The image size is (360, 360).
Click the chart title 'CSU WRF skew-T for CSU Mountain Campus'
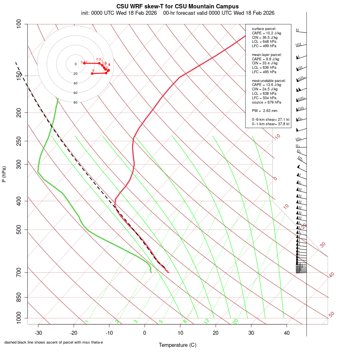[x=177, y=6]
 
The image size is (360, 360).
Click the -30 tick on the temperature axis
[x=38, y=333]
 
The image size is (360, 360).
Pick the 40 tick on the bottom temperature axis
[x=286, y=333]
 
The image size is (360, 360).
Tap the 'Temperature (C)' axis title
[x=177, y=345]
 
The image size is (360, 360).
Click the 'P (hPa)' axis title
[x=4, y=174]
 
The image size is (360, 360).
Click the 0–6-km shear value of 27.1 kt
[x=270, y=120]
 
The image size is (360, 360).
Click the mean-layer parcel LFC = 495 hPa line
[x=264, y=72]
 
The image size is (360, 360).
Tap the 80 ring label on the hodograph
[x=75, y=102]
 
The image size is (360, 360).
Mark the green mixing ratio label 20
[x=236, y=321]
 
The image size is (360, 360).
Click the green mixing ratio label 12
[x=207, y=321]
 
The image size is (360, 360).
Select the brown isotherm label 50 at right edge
[x=331, y=314]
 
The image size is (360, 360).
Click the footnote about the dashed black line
[x=54, y=342]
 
